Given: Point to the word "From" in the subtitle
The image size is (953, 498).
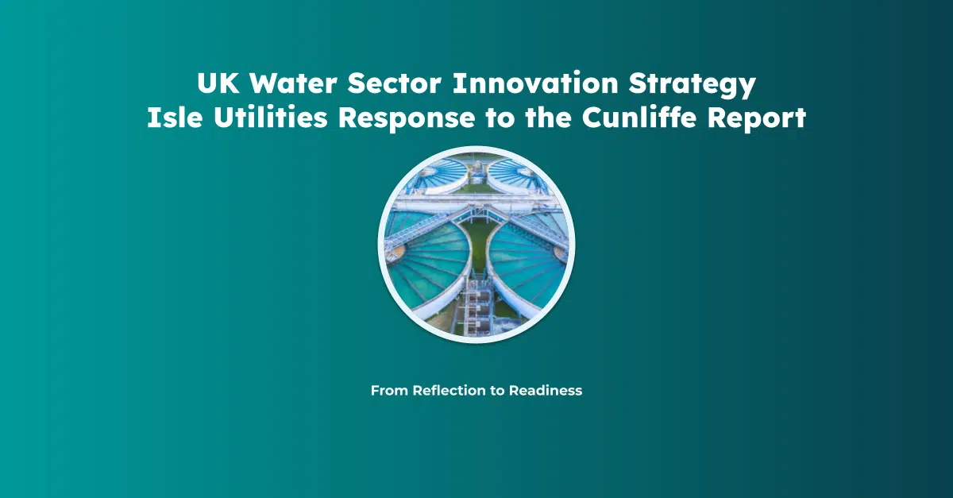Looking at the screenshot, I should (389, 391).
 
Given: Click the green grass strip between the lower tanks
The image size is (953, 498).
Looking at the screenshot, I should (477, 246).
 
